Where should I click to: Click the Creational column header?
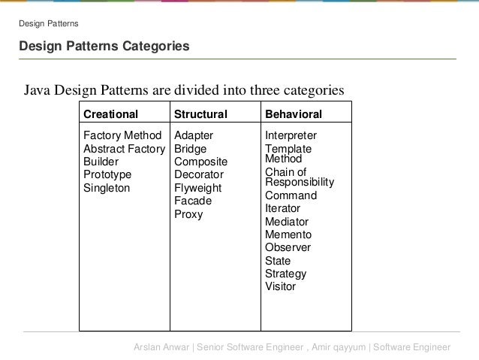[110, 115]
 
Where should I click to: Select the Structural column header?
[200, 115]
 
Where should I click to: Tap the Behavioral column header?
[294, 115]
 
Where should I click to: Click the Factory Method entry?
[122, 136]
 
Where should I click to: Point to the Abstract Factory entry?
[124, 149]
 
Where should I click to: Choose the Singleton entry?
[107, 188]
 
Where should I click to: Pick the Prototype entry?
[107, 175]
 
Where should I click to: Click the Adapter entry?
[194, 136]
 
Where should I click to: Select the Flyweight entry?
[197, 188]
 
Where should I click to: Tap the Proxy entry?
[188, 214]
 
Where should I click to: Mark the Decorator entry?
[199, 175]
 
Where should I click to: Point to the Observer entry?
[288, 247]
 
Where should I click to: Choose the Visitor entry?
[281, 286]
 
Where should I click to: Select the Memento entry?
[288, 234]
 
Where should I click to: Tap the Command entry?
[291, 195]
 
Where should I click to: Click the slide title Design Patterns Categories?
[104, 47]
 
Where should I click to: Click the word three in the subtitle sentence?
[253, 91]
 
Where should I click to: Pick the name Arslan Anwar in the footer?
[161, 347]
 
